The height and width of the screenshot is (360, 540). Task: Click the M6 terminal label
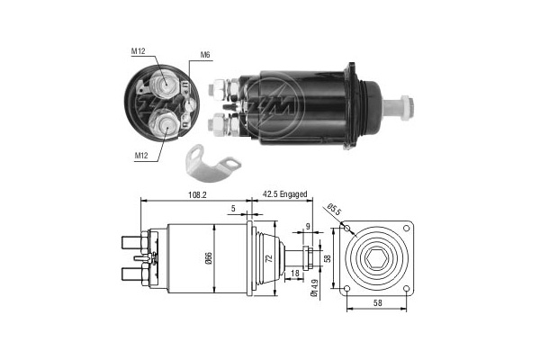tap(205, 55)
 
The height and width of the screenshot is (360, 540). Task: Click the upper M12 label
tap(138, 51)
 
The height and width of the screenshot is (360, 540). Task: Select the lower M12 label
tap(141, 156)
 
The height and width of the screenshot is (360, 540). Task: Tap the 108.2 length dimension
tap(197, 195)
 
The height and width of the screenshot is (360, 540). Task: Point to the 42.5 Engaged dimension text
tap(284, 194)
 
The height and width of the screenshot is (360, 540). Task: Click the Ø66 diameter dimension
tap(210, 258)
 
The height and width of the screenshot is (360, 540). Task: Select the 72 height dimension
tap(270, 258)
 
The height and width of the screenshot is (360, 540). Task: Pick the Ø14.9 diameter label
tap(314, 288)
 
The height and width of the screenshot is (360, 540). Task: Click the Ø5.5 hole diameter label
tap(333, 210)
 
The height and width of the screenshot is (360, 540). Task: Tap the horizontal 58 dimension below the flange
tap(377, 302)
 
